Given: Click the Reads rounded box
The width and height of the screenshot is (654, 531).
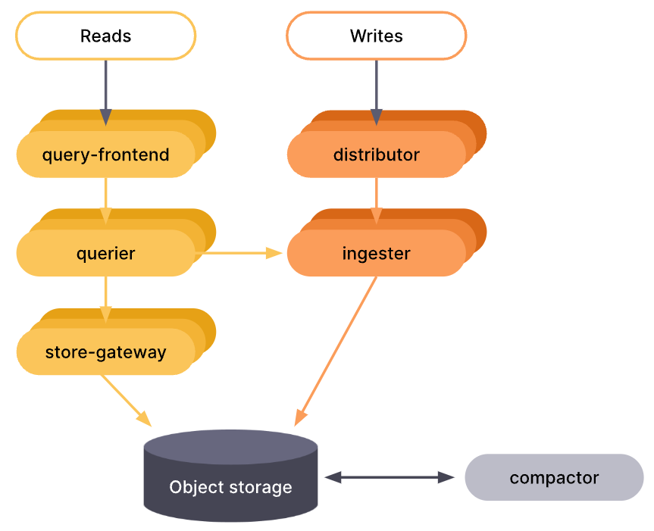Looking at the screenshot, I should [x=105, y=36].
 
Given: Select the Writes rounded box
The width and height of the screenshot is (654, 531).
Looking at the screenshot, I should [x=376, y=36].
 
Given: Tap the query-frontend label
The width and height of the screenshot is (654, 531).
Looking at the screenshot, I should [x=105, y=155].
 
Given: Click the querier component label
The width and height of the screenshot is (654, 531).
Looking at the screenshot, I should [x=105, y=254].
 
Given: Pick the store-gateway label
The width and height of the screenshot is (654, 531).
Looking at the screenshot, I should [x=105, y=352].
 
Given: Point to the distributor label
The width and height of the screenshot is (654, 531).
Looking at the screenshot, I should [x=376, y=155].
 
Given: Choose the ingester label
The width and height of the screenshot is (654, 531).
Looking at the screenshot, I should [x=376, y=254].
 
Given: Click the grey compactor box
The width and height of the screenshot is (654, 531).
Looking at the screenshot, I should [x=554, y=478].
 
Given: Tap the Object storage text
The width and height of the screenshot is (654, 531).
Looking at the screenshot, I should [x=230, y=487].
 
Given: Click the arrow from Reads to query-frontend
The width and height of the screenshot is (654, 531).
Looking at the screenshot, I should [x=105, y=91].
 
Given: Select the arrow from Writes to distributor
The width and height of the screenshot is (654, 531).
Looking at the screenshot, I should [x=376, y=91].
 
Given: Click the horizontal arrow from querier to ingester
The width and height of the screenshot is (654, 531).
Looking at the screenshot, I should [x=239, y=253].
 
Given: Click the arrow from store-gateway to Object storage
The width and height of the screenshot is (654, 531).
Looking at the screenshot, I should [x=125, y=398].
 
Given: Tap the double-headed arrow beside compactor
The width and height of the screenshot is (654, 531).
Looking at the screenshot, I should [x=389, y=477].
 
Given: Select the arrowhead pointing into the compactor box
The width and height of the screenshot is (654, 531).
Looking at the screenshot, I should [x=447, y=477].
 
